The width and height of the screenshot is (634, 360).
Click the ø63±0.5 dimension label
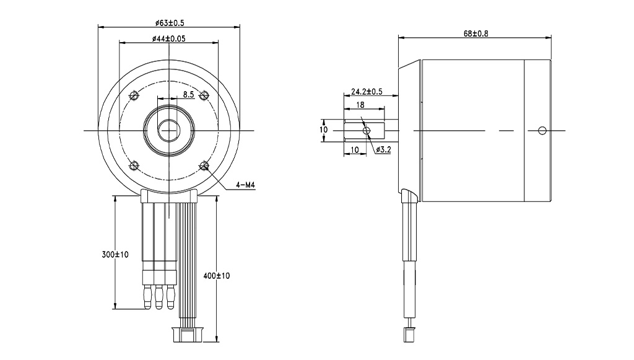coord(170,22)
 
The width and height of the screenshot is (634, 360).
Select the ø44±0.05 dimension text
coord(169,38)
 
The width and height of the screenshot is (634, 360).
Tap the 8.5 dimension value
coord(189,95)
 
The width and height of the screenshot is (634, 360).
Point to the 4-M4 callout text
coord(246,185)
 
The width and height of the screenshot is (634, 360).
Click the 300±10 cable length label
coord(115,255)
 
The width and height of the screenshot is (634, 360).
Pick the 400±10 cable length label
coord(217,275)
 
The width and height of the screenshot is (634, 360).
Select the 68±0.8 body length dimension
coord(475,33)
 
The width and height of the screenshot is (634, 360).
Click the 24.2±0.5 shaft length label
coord(367,92)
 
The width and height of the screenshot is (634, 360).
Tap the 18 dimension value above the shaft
coord(360,105)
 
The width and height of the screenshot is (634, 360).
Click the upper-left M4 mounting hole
coord(132,95)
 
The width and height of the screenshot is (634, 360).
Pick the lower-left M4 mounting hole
coord(132,165)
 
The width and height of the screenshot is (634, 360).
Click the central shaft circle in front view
coord(168,130)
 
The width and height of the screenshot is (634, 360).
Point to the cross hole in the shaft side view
coord(367,131)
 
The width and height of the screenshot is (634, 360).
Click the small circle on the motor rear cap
coord(542,130)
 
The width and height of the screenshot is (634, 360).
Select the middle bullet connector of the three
coord(158,296)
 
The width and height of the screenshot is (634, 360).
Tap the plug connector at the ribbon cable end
coord(186,335)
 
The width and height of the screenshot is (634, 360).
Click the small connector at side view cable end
coord(409,333)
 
